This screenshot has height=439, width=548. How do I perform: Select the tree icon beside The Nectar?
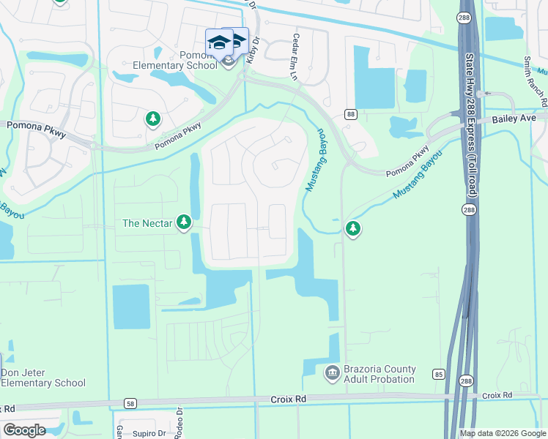(184, 222)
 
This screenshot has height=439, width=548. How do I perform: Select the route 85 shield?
(438, 374)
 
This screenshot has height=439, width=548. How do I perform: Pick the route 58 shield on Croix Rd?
(130, 402)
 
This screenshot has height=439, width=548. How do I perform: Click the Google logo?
(23, 430)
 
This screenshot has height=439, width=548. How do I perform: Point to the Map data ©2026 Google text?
(502, 433)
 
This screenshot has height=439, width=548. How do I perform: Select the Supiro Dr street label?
(149, 433)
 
